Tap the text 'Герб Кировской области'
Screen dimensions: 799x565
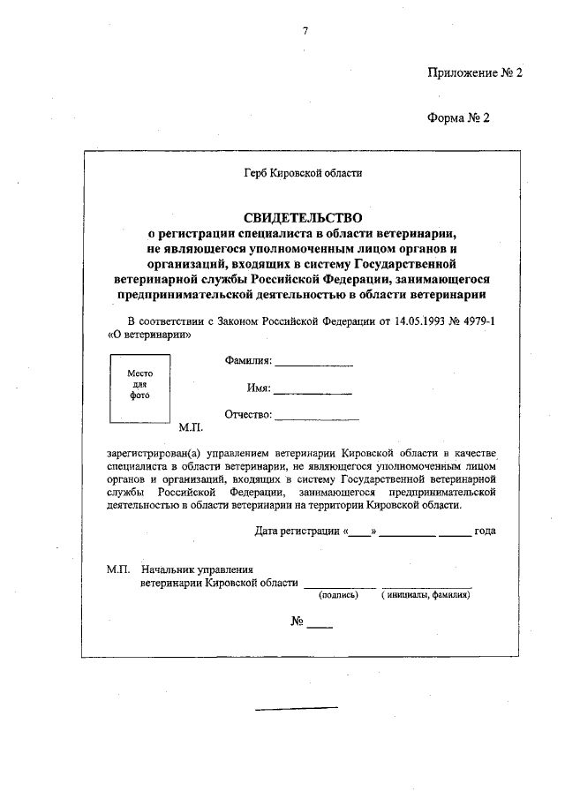coord(304,173)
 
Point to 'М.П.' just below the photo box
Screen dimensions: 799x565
coord(191,427)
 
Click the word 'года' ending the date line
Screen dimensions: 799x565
coord(485,531)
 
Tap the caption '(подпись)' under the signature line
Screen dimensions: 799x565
coord(338,595)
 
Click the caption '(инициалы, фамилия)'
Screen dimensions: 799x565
coord(426,595)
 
